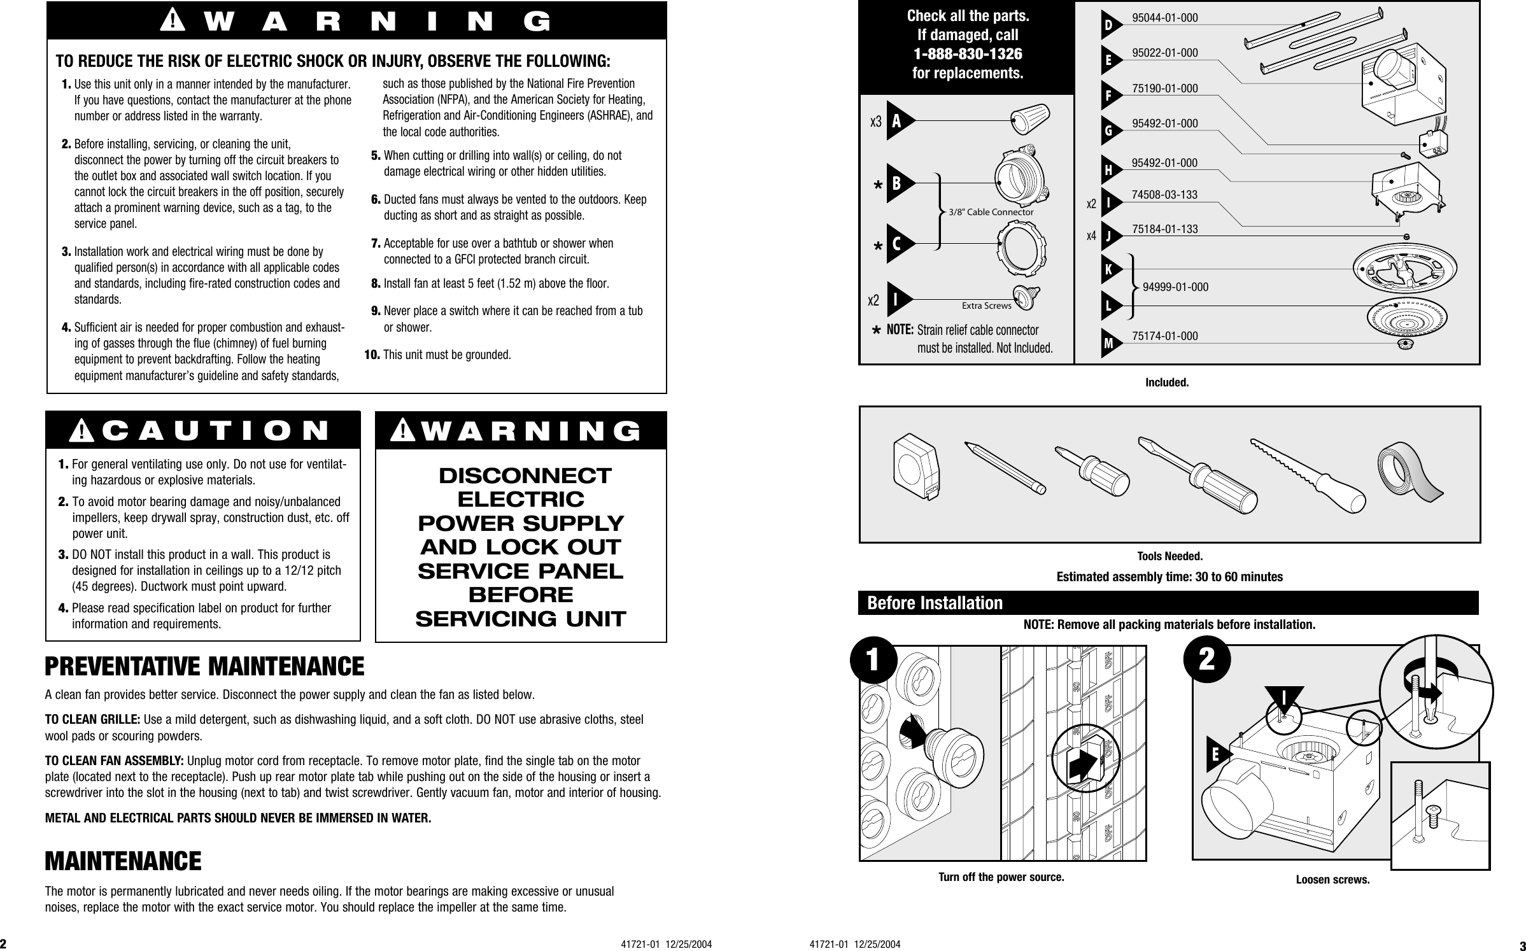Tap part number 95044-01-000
coord(1164,18)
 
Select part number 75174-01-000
coord(1164,335)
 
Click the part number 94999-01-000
coord(1175,287)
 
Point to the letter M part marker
coord(1110,344)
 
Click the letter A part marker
coord(897,121)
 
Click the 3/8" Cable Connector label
coord(991,212)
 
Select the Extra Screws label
coord(986,306)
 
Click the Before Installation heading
coord(935,603)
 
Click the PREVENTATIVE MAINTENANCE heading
coord(204,666)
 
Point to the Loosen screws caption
coord(1332,880)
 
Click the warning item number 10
coord(372,354)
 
